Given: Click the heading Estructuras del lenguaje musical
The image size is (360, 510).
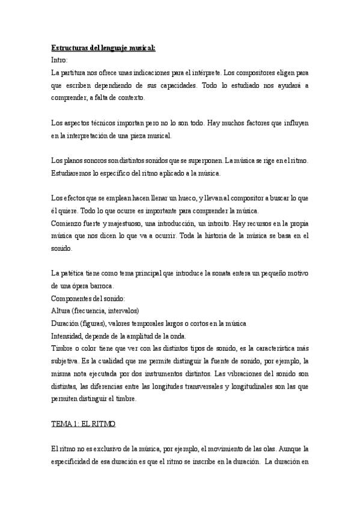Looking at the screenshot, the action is tap(103, 48).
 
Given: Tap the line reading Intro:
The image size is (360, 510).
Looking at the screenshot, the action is tap(60, 60).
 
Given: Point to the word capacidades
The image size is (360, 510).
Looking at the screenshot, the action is tap(182, 86).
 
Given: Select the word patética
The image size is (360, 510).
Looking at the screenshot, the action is tap(75, 273).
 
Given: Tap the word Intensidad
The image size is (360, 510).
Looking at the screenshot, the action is tap(69, 336).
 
